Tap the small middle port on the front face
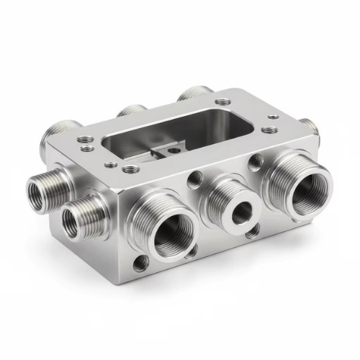(x=240, y=210)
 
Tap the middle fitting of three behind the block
(x=132, y=112)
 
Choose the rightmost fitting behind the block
(x=193, y=94)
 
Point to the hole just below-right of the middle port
(x=251, y=233)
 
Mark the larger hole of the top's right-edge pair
(x=270, y=131)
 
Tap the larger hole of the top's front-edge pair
(x=131, y=170)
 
